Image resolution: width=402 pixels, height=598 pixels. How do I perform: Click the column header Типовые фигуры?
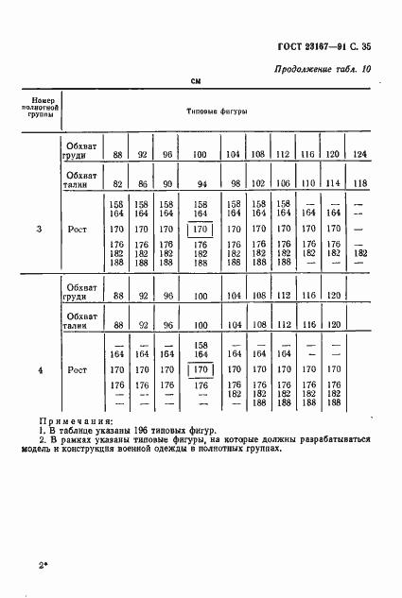(218, 111)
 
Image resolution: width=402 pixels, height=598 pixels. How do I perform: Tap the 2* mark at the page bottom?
(44, 566)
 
